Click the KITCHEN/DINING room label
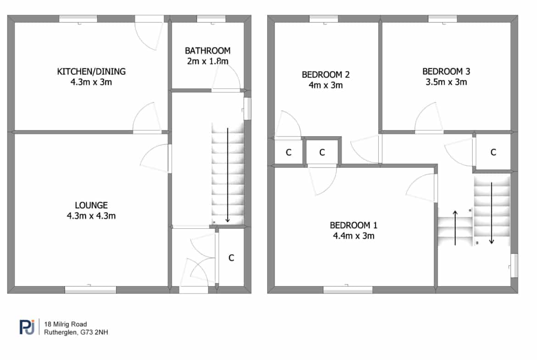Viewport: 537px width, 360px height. pos(91,72)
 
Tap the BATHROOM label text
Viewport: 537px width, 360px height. pos(207,50)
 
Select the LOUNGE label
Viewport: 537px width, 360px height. pos(91,205)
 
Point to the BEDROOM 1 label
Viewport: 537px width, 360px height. pos(353,225)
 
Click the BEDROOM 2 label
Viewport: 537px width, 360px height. pos(326,75)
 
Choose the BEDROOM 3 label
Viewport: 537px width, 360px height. pos(446,72)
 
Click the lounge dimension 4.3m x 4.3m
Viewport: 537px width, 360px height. pos(91,216)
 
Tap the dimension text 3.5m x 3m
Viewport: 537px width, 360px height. pos(446,82)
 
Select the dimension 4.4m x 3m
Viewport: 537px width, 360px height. pos(353,236)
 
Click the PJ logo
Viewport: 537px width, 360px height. pos(27,327)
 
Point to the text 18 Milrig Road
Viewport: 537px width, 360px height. pos(66,324)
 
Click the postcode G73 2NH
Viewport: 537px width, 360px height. pos(94,332)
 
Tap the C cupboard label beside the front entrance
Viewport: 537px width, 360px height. pos(231,258)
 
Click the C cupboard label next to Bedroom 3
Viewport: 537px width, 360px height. pos(493,152)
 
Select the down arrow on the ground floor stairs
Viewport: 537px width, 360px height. pos(227,175)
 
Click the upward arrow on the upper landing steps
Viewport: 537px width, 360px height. pos(455,227)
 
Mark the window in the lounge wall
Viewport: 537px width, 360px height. pos(90,290)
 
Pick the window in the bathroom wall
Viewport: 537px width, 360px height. pos(211,18)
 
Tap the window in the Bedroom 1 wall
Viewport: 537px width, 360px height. pos(348,290)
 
